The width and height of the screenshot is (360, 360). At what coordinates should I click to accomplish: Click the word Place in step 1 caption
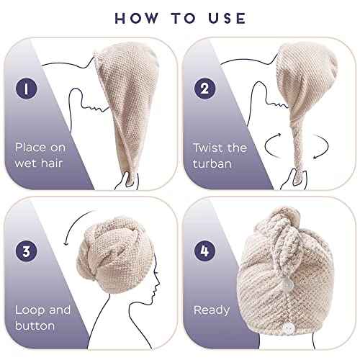pyautogui.click(x=31, y=147)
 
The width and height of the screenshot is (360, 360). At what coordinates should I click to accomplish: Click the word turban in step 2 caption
pyautogui.click(x=213, y=163)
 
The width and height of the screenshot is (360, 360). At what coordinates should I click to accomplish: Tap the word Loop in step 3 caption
pyautogui.click(x=29, y=311)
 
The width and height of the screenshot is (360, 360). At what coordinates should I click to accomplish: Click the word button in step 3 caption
pyautogui.click(x=35, y=327)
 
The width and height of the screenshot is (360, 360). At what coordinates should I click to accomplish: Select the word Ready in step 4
pyautogui.click(x=211, y=311)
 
